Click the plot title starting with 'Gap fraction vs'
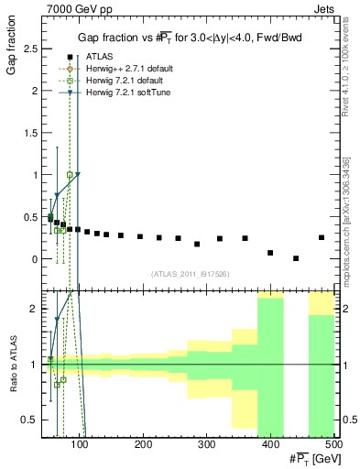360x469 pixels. [x=191, y=37]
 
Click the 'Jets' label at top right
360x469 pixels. [x=326, y=7]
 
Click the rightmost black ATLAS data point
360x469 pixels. [x=321, y=237]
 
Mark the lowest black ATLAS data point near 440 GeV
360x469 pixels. [x=296, y=258]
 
